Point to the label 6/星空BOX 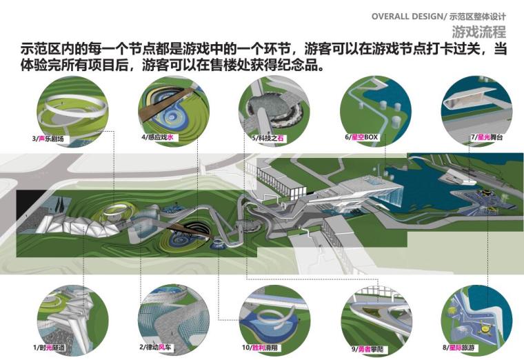363,138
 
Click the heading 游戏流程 478,32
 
